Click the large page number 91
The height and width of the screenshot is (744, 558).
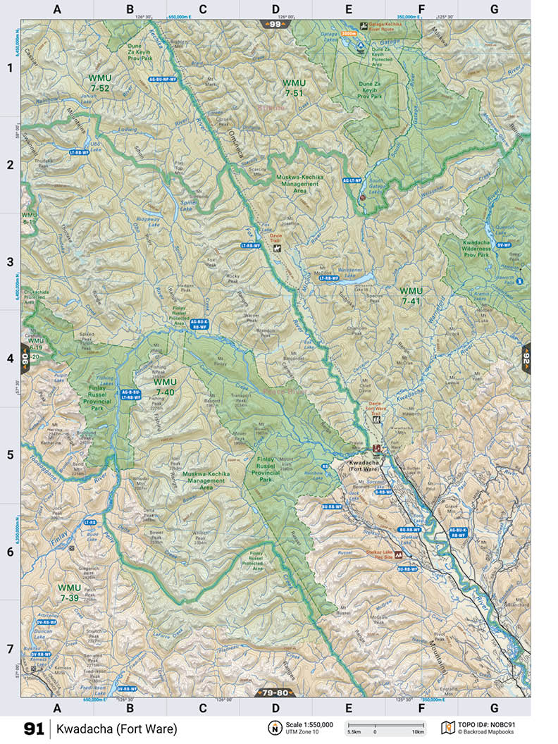[x=34, y=728]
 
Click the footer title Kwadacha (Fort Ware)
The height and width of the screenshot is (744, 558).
[x=117, y=728]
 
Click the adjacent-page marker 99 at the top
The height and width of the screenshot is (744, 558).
[x=275, y=25]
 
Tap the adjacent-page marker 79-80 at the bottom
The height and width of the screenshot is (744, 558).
[x=275, y=693]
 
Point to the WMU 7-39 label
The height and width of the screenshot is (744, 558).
[x=70, y=593]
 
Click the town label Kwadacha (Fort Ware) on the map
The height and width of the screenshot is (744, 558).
[x=364, y=466]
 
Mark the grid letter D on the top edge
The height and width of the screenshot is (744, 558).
[x=275, y=9]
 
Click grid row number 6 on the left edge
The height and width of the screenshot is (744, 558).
[x=10, y=552]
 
